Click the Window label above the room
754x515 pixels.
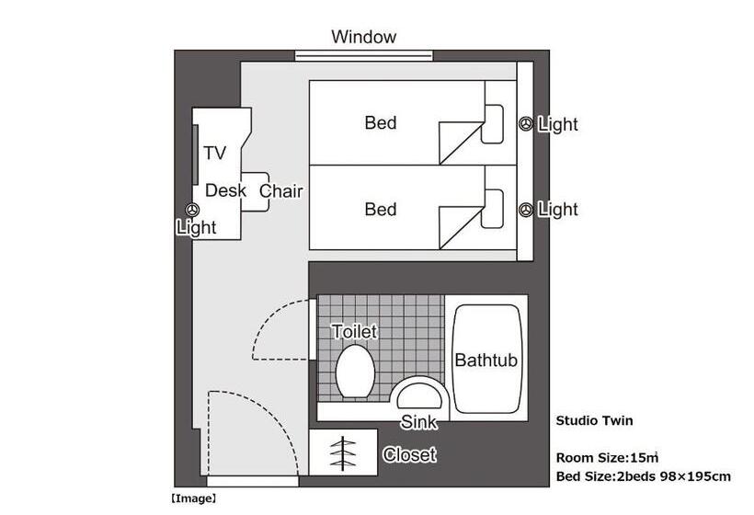pyautogui.click(x=363, y=37)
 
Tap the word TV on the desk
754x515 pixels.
pyautogui.click(x=215, y=153)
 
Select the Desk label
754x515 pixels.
pyautogui.click(x=225, y=190)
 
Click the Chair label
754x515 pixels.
pyautogui.click(x=281, y=191)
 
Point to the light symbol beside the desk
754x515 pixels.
pyautogui.click(x=193, y=210)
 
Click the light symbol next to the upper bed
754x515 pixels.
pyautogui.click(x=526, y=124)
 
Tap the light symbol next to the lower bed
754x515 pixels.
pyautogui.click(x=526, y=210)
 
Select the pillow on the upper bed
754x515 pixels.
pyautogui.click(x=493, y=123)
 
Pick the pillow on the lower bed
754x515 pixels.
pyautogui.click(x=493, y=209)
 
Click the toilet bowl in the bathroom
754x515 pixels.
pyautogui.click(x=355, y=372)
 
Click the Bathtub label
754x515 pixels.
pyautogui.click(x=486, y=360)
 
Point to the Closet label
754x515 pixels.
pyautogui.click(x=410, y=454)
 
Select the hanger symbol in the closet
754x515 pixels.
pyautogui.click(x=343, y=453)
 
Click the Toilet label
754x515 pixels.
pyautogui.click(x=354, y=331)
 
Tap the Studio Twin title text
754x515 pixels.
pyautogui.click(x=594, y=421)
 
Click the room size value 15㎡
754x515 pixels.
pyautogui.click(x=645, y=457)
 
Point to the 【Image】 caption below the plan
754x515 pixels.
pyautogui.click(x=193, y=498)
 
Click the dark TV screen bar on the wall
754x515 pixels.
pyautogui.click(x=196, y=154)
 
